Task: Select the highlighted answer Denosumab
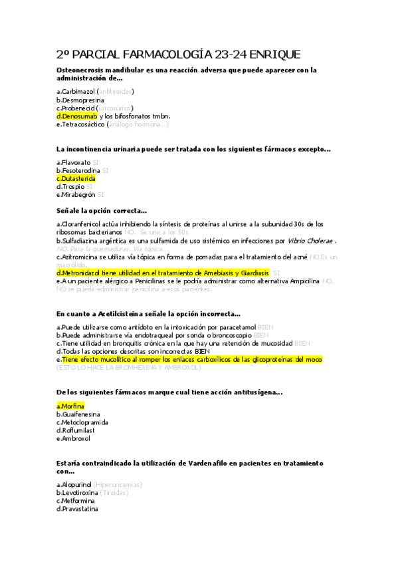pos(80,116)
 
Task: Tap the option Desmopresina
pos(80,99)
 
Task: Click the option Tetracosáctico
pos(82,124)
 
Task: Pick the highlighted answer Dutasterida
pos(78,178)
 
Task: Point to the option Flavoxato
pos(76,162)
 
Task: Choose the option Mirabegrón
pos(78,195)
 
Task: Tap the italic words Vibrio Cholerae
pos(311,241)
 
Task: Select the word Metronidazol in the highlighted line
pos(84,273)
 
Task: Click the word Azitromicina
pos(81,257)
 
